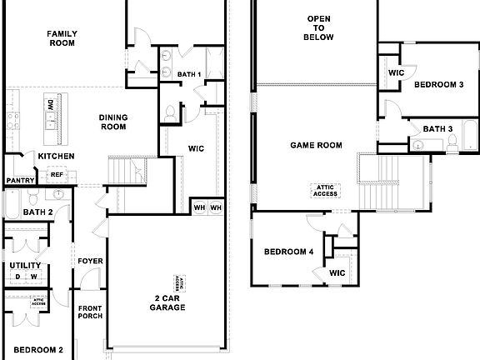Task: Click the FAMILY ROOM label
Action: click(62, 39)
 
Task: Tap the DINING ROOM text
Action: click(112, 122)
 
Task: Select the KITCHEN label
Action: click(57, 156)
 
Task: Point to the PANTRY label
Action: click(19, 180)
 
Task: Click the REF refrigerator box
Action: click(57, 175)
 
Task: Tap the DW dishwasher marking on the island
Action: click(51, 105)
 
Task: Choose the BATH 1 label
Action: click(190, 75)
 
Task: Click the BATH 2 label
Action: click(38, 212)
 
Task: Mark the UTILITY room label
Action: click(26, 266)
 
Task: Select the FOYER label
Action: click(90, 261)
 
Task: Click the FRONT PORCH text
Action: click(90, 312)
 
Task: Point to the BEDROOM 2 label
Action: click(38, 350)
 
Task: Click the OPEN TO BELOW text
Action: click(320, 27)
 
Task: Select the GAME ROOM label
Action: click(316, 145)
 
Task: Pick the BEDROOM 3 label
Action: click(439, 84)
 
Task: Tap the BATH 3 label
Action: click(437, 128)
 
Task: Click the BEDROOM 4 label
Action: click(289, 252)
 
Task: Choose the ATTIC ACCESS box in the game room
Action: click(325, 190)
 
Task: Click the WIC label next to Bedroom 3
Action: click(396, 72)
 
